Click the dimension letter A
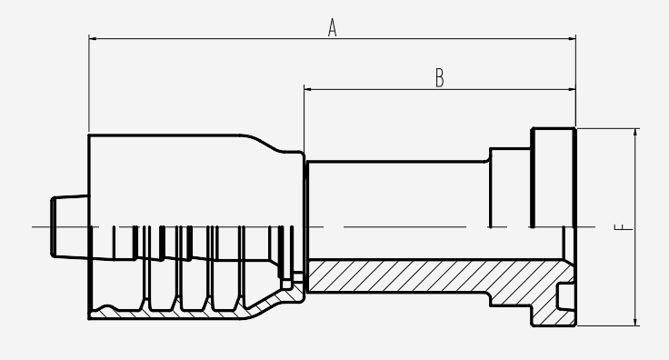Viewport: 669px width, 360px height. [x=333, y=27]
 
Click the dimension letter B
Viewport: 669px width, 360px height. [x=439, y=78]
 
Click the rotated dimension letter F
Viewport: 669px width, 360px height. [x=624, y=226]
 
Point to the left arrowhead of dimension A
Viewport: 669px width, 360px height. [x=92, y=39]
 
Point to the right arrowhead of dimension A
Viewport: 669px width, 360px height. [x=572, y=39]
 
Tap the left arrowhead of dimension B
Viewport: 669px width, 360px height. [x=307, y=90]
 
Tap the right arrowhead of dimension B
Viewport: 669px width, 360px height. [x=572, y=90]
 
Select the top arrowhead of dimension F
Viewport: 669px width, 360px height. [x=635, y=132]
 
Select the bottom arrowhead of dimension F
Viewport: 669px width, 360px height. [x=635, y=322]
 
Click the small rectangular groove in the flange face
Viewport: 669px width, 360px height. [x=565, y=297]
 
